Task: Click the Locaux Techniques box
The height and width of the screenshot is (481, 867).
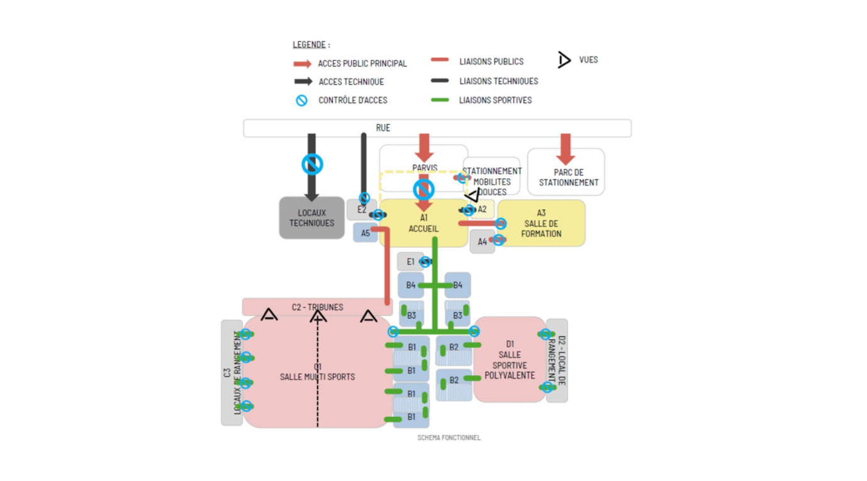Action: (312, 218)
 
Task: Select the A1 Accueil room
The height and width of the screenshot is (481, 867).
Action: (423, 224)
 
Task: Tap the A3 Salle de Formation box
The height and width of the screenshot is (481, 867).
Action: (541, 224)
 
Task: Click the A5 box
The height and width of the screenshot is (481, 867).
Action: (365, 233)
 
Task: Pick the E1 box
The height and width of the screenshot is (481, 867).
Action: (410, 262)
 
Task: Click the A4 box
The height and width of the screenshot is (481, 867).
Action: (482, 242)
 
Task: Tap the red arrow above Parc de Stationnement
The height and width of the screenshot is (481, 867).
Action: (565, 148)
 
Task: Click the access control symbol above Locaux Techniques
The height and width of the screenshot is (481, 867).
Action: (312, 165)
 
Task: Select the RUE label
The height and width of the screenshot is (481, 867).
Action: (383, 128)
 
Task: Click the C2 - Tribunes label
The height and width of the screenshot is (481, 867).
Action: (317, 307)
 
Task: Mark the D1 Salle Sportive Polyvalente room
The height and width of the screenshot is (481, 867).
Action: (510, 360)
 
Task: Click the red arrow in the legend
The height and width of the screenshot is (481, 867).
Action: (302, 63)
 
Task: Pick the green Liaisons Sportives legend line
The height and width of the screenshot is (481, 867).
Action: (440, 100)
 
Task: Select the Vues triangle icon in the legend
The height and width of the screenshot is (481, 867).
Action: (564, 60)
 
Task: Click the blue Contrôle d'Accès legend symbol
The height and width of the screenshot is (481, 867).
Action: (302, 100)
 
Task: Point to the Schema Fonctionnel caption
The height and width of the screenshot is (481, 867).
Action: (449, 438)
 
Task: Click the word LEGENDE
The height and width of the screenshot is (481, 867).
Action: (309, 45)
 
